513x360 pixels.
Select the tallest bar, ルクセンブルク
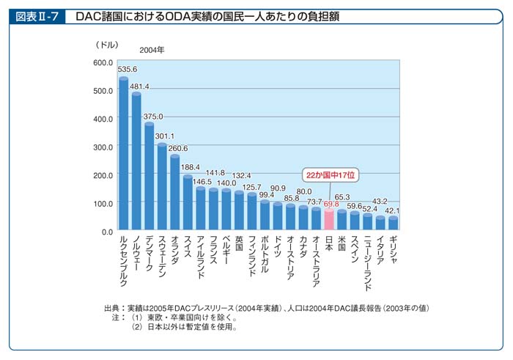[x=124, y=154]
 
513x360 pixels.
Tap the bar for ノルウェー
[x=136, y=161]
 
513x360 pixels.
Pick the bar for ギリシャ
[x=393, y=224]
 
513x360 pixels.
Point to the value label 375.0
[x=152, y=116]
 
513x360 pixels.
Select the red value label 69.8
[x=331, y=203]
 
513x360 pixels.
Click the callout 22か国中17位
[x=331, y=176]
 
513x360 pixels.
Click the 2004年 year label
[x=152, y=50]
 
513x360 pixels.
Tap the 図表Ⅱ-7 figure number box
[x=34, y=15]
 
